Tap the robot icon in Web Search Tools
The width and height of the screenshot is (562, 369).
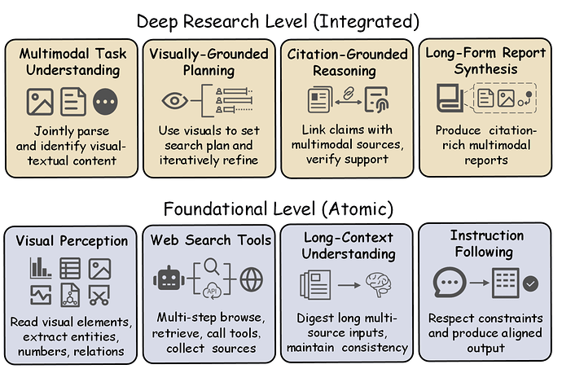click(x=169, y=279)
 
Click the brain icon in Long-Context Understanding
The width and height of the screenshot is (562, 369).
click(x=380, y=283)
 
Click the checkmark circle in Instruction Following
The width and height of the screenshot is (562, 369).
click(x=530, y=284)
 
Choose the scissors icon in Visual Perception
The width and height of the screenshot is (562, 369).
click(x=99, y=295)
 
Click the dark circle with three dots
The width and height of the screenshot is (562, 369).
click(x=107, y=101)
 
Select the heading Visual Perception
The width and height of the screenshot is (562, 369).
click(x=72, y=241)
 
